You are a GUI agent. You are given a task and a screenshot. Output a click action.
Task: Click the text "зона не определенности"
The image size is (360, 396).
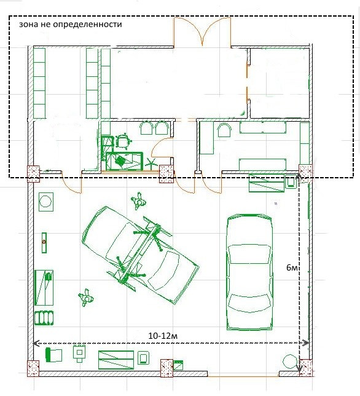coord(71,25)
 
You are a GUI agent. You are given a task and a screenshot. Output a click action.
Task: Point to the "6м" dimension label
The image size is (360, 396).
coord(292,267)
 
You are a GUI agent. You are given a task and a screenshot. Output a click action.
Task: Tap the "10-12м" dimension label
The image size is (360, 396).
coord(163,336)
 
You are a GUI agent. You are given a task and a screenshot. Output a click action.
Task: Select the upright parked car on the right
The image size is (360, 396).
coord(249,272)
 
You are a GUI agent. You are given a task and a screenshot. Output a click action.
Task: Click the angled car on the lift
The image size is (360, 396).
coord(141,255)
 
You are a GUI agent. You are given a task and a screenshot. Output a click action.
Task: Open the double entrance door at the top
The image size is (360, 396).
coord(202,31)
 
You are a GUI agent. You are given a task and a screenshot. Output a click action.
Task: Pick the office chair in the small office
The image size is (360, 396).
coord(123,142)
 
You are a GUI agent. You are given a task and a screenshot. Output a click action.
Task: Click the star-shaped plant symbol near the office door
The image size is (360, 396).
coord(150,164)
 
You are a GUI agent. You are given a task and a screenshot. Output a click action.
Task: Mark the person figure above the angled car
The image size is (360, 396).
coord(138,201)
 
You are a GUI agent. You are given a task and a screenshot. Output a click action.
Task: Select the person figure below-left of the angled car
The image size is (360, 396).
coord(86,298)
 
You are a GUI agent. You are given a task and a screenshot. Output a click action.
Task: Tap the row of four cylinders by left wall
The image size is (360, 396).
coord(44,318)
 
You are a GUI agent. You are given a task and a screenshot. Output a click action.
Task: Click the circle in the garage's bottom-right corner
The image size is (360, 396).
coord(289,362)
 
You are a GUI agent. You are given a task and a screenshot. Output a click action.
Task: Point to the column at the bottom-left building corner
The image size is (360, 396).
coord(33,368)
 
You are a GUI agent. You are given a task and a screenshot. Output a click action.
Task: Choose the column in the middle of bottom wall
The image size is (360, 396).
coord(166,368)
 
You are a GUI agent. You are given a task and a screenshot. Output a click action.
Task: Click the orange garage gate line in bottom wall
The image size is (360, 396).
coord(243,376)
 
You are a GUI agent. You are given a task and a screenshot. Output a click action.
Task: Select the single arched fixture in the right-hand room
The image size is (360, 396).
coord(224,130)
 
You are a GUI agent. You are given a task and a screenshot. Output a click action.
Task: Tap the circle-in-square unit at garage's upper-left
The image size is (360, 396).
coord(46,202)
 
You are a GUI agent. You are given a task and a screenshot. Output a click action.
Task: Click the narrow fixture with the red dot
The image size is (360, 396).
coord(44,242)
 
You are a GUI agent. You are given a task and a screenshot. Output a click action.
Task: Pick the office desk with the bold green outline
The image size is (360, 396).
coord(124,161)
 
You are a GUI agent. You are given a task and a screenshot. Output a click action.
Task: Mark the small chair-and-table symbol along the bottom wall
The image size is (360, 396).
coord(79,354)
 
